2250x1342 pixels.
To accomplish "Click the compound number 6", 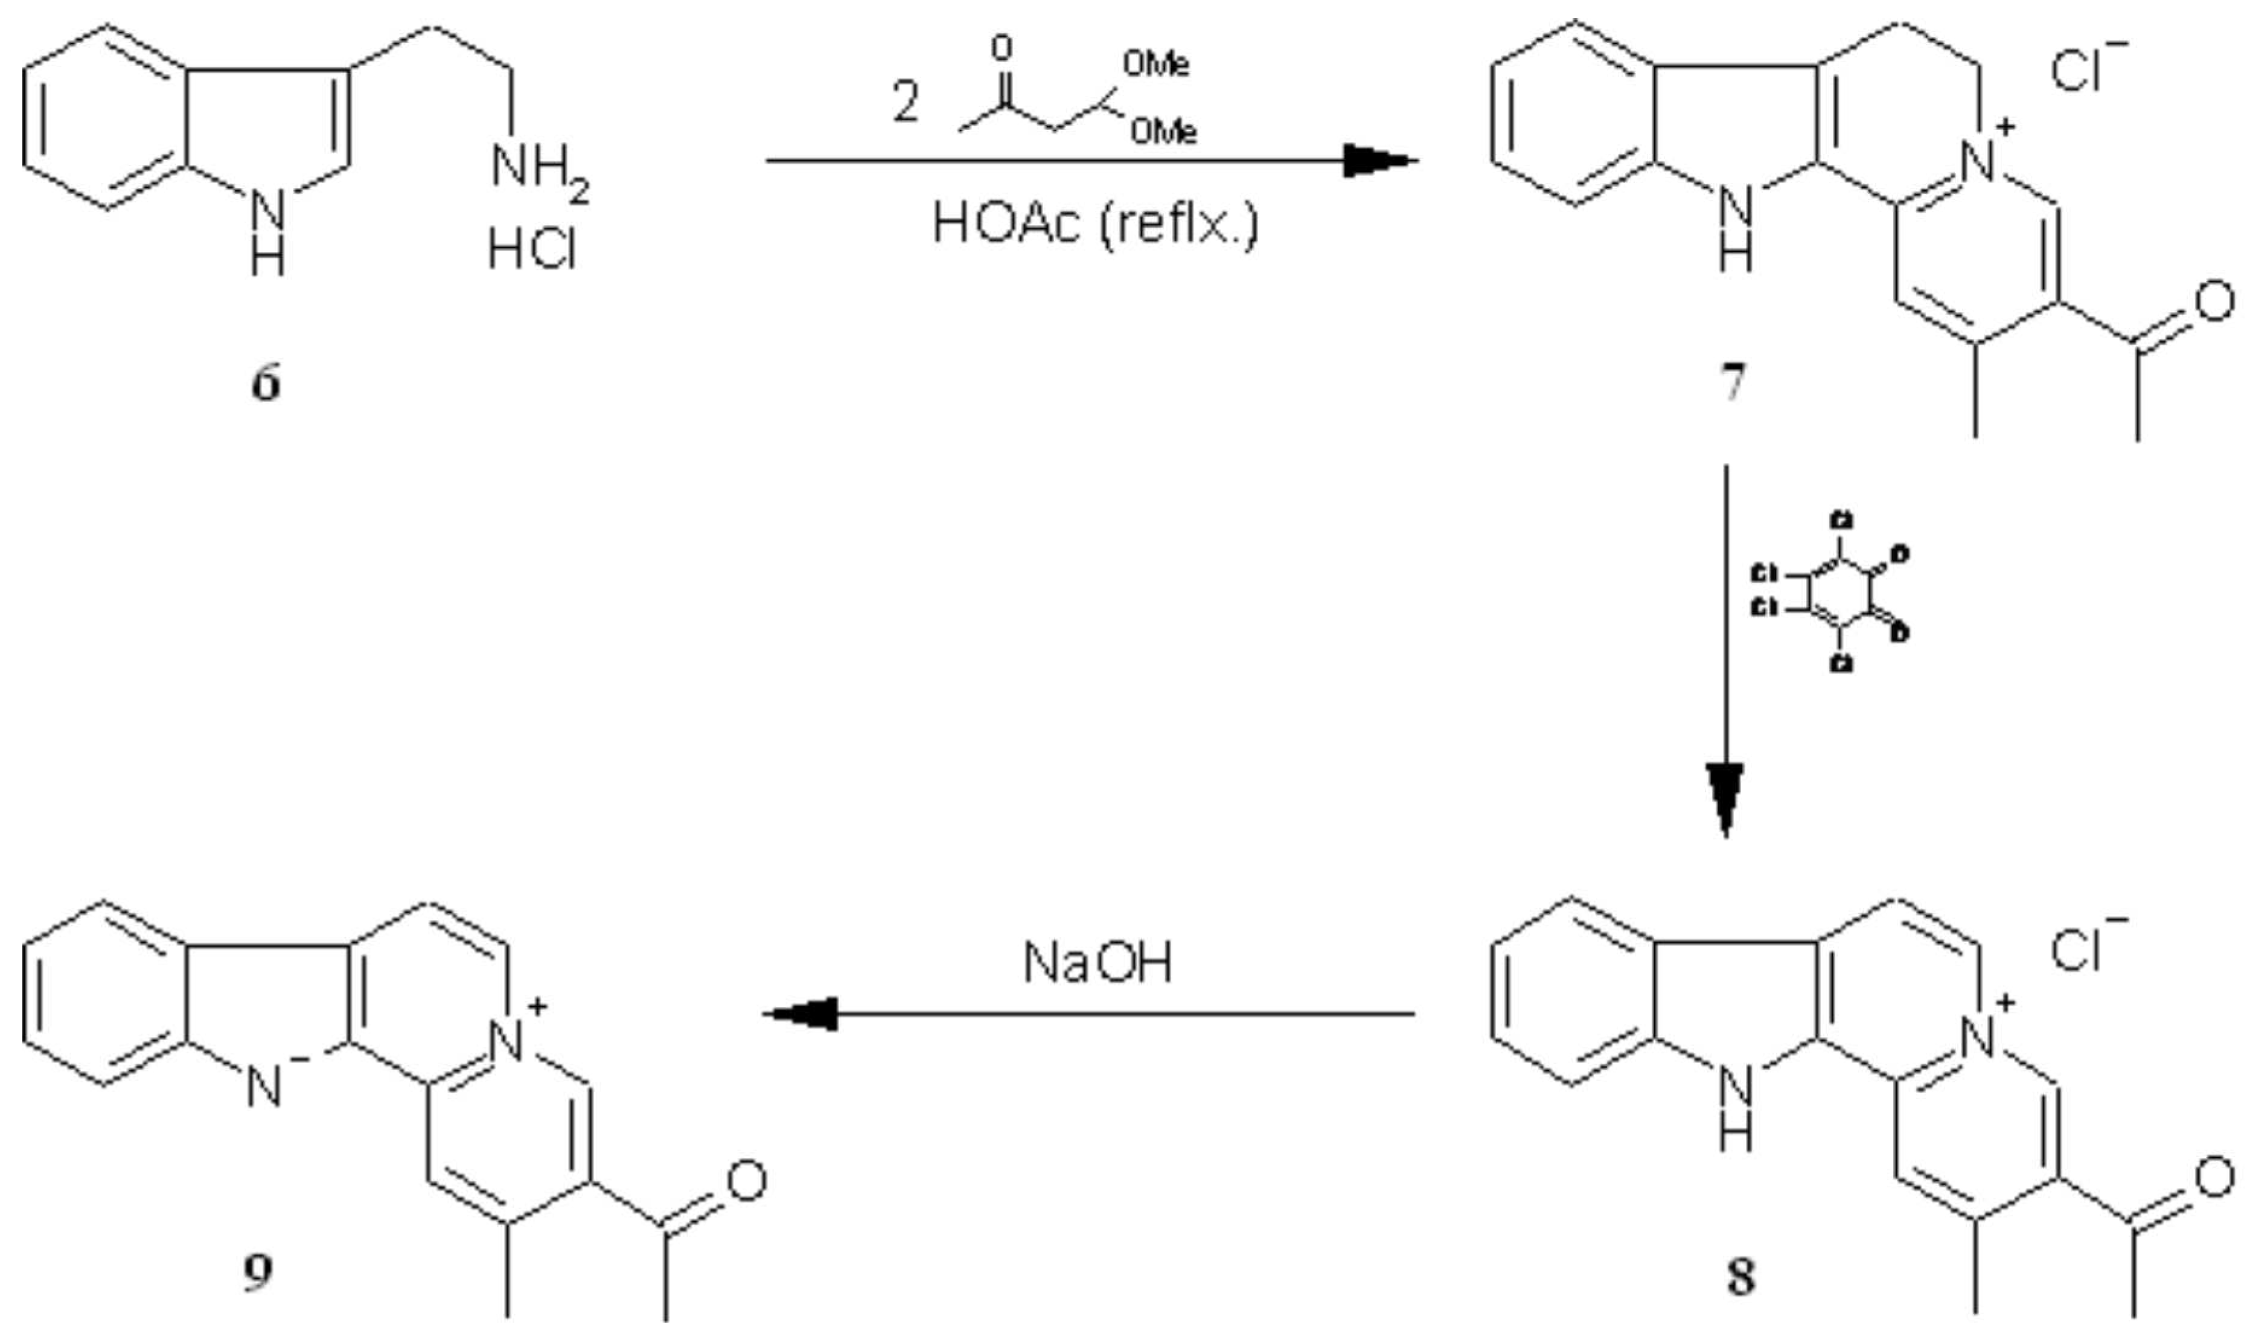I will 265,384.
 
